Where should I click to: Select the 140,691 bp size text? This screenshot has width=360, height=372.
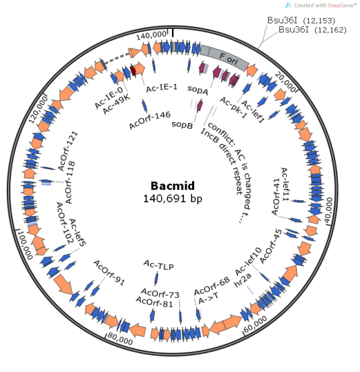173,198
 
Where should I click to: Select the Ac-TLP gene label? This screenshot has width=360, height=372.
159,266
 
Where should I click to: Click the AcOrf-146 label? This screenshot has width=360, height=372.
150,120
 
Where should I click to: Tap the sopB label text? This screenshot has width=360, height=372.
182,124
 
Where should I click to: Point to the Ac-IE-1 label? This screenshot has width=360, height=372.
161,87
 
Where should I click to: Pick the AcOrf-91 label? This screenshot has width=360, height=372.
109,272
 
